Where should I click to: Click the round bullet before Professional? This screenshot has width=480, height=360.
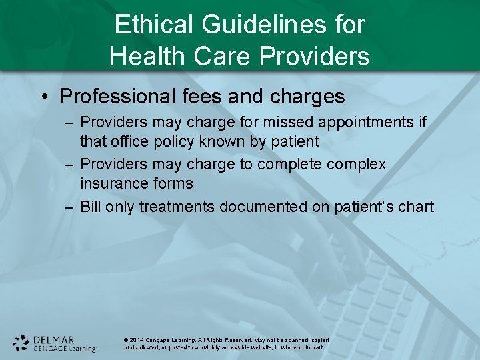coord(43,97)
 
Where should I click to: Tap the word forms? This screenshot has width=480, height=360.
coord(173,183)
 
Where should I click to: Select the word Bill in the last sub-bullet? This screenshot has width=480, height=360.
coord(91,207)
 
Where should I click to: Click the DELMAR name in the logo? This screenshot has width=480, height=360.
coord(54,339)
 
